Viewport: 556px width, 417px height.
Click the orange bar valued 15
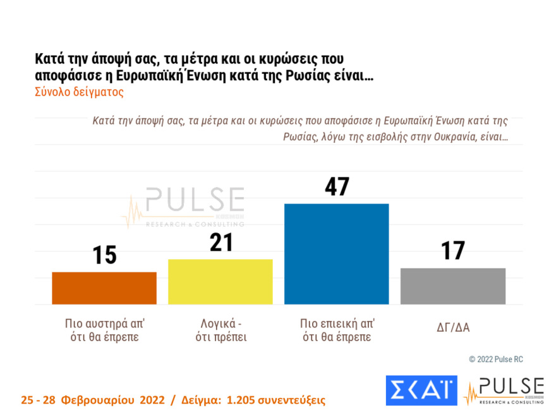tap(104, 288)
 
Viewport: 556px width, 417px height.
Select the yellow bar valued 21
tap(220, 282)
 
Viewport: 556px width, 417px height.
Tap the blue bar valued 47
tap(336, 254)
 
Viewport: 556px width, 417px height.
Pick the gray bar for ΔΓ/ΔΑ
tap(453, 286)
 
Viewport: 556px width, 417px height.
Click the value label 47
tap(336, 187)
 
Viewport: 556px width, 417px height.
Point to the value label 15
tap(104, 255)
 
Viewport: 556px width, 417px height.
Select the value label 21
tap(220, 243)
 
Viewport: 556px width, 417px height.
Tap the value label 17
tap(453, 251)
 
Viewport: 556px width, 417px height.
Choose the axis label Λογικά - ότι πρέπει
tap(220, 330)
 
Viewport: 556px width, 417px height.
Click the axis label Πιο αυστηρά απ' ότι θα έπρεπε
tap(104, 330)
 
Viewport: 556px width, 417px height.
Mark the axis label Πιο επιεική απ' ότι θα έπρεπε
tap(337, 330)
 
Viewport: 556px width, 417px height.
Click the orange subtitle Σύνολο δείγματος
tap(79, 92)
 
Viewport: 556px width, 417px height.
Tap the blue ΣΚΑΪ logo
tap(421, 390)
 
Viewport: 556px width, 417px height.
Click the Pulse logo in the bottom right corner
tap(504, 390)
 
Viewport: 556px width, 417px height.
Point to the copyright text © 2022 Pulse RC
tap(495, 359)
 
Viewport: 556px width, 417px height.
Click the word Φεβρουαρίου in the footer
tap(100, 400)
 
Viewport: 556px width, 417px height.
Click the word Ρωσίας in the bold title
tap(322, 75)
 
